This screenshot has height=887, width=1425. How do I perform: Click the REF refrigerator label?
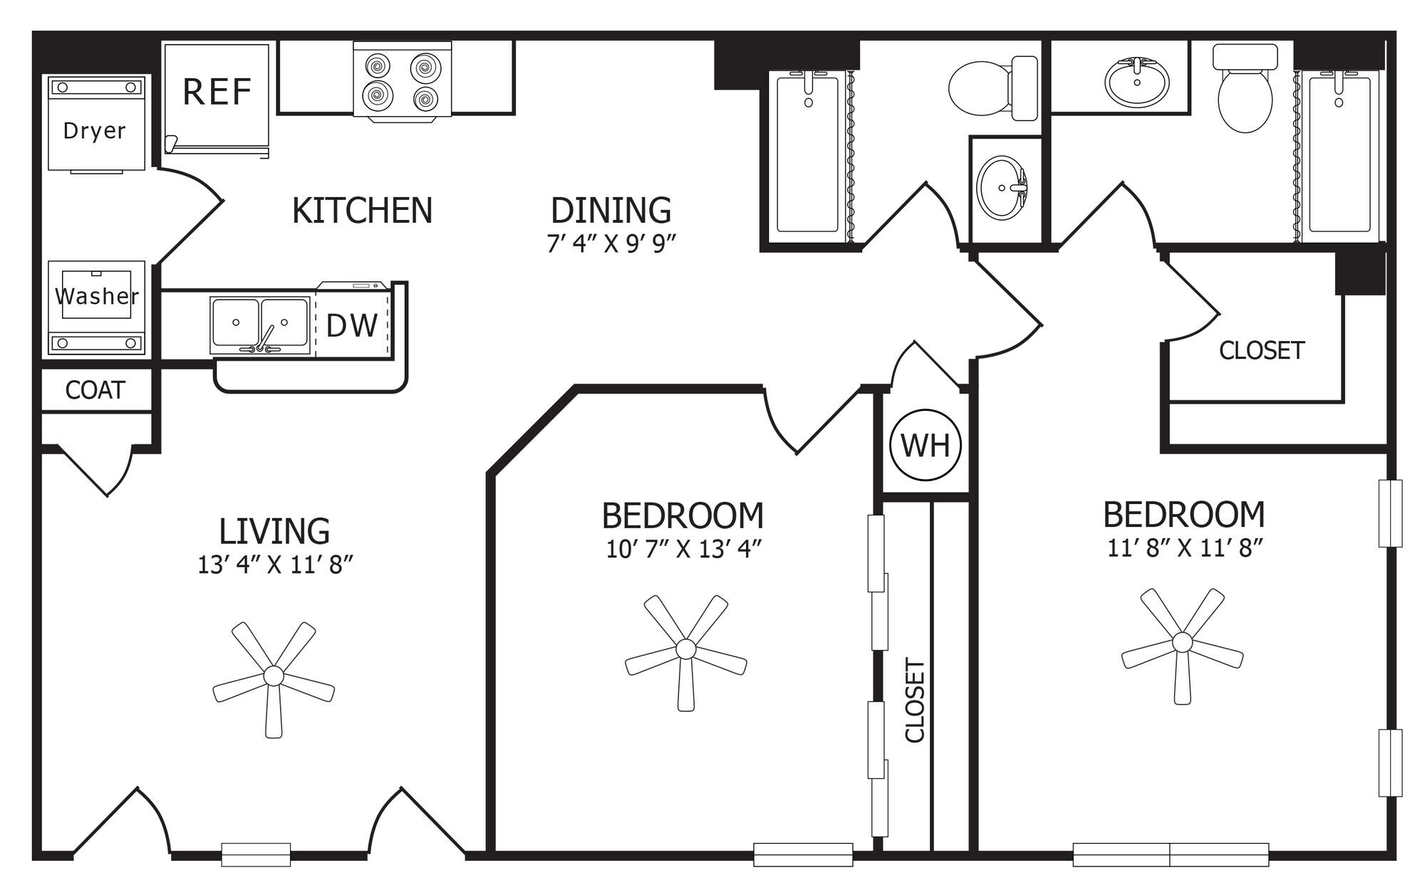click(217, 92)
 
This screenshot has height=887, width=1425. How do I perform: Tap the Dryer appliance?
click(96, 123)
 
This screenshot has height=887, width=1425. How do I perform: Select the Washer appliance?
click(96, 308)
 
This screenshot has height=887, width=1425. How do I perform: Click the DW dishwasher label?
click(351, 325)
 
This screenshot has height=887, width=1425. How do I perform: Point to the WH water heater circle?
click(926, 445)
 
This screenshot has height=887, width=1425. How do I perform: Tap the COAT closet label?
click(95, 390)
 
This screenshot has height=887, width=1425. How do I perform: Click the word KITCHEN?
click(362, 211)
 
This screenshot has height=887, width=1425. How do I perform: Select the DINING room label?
click(611, 211)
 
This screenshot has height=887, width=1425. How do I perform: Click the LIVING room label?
click(274, 532)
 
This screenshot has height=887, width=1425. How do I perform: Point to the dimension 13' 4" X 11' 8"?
click(276, 565)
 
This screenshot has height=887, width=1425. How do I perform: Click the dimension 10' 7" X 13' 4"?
click(684, 550)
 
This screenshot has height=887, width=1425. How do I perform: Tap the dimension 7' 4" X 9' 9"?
click(611, 243)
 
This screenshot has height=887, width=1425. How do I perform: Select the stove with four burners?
click(403, 81)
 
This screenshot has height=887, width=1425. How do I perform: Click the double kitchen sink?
click(260, 325)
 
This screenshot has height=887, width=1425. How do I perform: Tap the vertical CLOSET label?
click(915, 700)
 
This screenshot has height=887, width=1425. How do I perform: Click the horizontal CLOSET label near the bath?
click(1262, 350)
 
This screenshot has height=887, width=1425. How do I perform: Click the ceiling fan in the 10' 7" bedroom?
click(685, 649)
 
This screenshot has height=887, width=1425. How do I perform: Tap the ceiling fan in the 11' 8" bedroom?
click(1182, 643)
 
